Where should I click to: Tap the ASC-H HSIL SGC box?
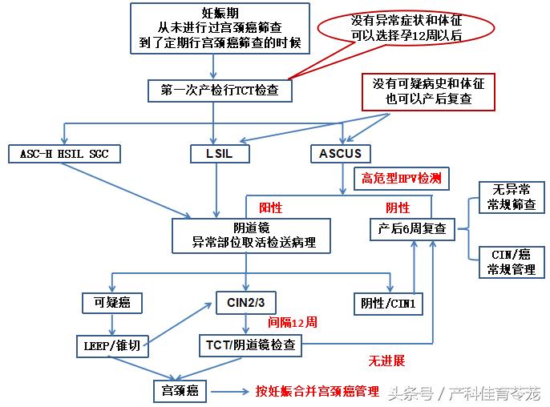(x=63, y=153)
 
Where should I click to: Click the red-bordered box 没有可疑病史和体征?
(x=428, y=91)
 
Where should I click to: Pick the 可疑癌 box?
(x=112, y=302)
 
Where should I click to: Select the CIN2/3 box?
(x=246, y=303)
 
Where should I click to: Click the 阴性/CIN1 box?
(x=390, y=303)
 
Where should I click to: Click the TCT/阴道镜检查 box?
(x=250, y=346)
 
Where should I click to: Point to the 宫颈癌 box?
(x=180, y=390)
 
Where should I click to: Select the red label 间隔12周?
(x=293, y=322)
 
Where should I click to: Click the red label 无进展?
(x=386, y=361)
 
